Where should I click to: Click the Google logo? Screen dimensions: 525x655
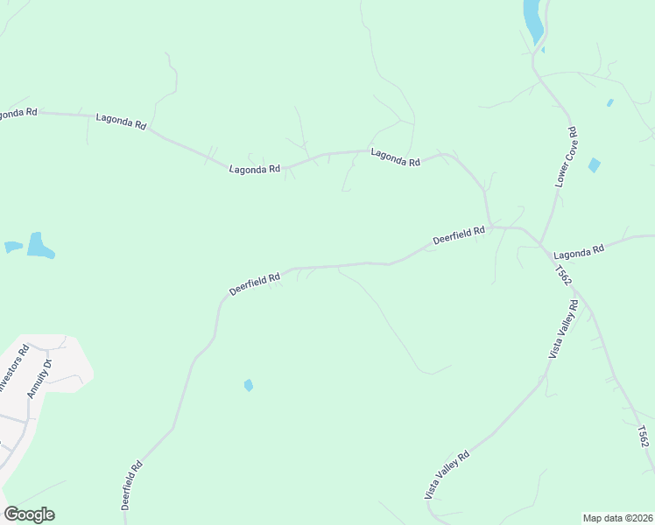29,514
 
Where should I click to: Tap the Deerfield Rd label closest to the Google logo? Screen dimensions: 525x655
131,486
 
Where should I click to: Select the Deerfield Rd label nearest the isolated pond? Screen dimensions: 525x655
254,283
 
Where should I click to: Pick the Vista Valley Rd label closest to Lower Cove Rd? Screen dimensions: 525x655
564,329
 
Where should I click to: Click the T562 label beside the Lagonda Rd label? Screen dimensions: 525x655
564,276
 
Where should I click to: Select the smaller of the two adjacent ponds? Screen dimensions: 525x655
12,247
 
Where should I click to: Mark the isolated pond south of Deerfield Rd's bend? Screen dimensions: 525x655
249,385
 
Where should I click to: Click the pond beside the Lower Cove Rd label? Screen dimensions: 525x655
595,164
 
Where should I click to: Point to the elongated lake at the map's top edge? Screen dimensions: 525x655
532,22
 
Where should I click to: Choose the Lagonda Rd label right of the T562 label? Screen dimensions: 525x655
580,249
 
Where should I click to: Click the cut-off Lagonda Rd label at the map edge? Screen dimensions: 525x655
18,113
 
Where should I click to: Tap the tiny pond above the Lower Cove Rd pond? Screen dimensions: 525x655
610,102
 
